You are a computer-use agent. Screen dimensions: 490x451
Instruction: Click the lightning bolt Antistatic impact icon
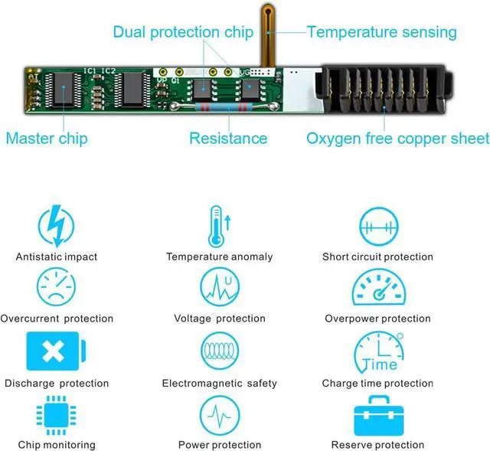pyautogui.click(x=57, y=226)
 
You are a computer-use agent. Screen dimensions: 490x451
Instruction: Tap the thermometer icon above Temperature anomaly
pyautogui.click(x=219, y=226)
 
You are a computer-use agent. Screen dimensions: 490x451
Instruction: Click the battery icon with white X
pyautogui.click(x=54, y=351)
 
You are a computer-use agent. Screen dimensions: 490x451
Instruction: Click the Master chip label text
pyautogui.click(x=46, y=139)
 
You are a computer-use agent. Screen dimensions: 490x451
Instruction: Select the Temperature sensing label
pyautogui.click(x=381, y=32)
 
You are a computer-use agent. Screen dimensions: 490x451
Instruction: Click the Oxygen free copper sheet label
pyautogui.click(x=397, y=139)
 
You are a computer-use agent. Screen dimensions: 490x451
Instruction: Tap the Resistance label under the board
pyautogui.click(x=228, y=139)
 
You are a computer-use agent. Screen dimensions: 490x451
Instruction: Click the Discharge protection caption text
pyautogui.click(x=57, y=383)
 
